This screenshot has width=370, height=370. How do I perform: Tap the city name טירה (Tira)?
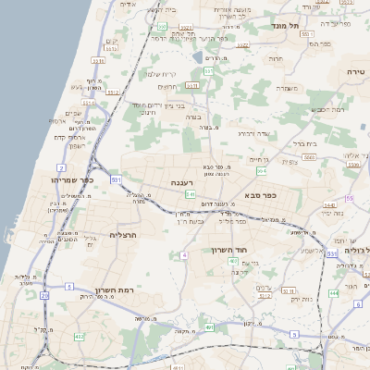[357, 71]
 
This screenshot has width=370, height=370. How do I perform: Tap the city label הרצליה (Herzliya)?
[123, 236]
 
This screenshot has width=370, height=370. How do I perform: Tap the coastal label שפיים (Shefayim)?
[76, 113]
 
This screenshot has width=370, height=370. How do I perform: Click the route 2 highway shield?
[60, 167]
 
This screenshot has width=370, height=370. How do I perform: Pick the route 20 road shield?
[45, 295]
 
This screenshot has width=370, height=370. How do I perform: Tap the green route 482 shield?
[80, 336]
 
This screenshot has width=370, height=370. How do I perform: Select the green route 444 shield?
[332, 292]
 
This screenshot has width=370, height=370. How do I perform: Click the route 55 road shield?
[349, 198]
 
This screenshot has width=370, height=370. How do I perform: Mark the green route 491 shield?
[212, 327]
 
